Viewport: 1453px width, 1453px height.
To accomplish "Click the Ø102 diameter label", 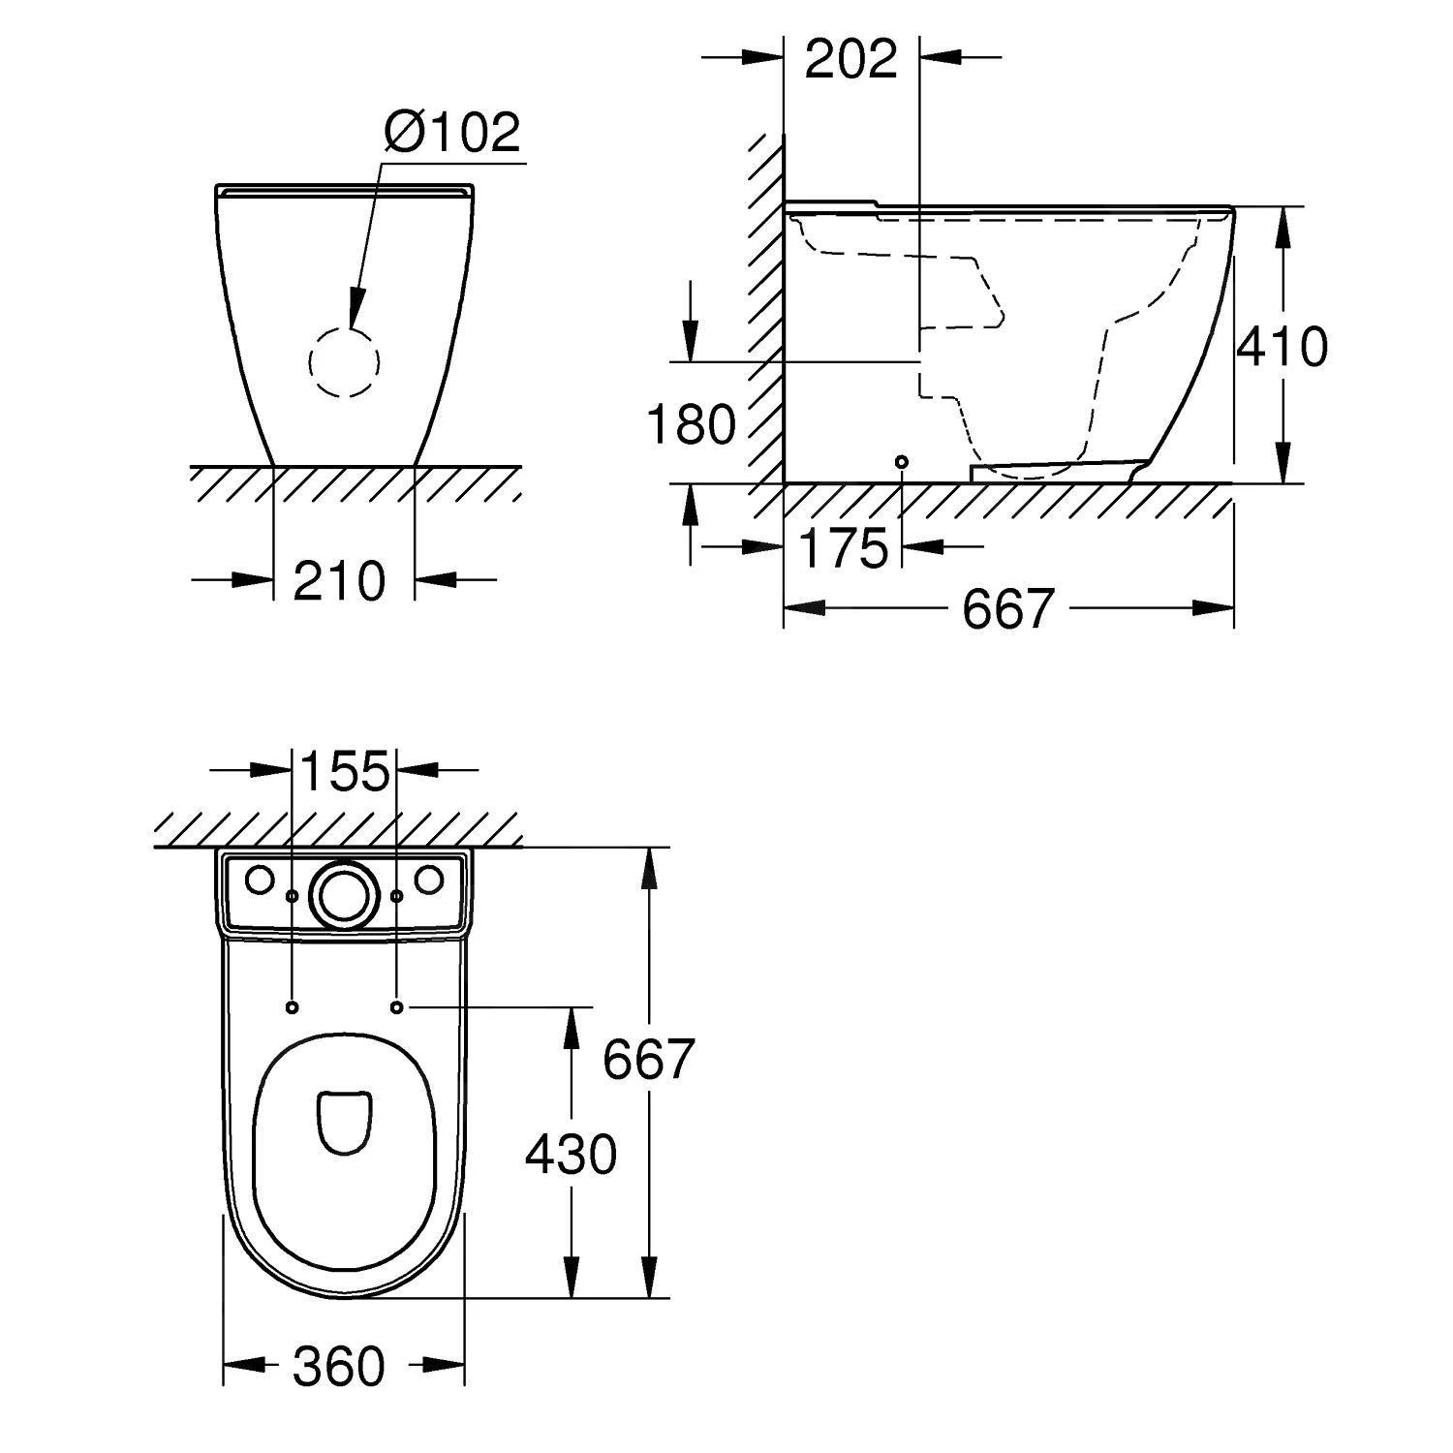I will pyautogui.click(x=451, y=132).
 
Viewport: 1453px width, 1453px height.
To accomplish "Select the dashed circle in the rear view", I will pyautogui.click(x=344, y=361).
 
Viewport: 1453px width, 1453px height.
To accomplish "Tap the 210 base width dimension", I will pyautogui.click(x=339, y=581).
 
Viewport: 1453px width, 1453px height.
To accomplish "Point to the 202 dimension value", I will pyautogui.click(x=851, y=60).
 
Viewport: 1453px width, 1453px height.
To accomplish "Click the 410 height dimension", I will pyautogui.click(x=1282, y=346).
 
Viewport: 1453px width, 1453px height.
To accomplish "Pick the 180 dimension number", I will pyautogui.click(x=691, y=424).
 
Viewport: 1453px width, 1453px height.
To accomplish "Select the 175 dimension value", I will pyautogui.click(x=845, y=548).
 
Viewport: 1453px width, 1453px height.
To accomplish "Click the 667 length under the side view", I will pyautogui.click(x=1007, y=609).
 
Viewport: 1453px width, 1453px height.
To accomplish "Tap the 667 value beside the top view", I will pyautogui.click(x=648, y=1059).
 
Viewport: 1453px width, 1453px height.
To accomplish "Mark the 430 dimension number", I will pyautogui.click(x=571, y=1155).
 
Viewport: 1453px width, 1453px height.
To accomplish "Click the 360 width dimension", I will pyautogui.click(x=339, y=1367).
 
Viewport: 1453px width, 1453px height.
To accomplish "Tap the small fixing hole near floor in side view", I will pyautogui.click(x=902, y=462).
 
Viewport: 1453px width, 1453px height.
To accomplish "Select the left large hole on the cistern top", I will pyautogui.click(x=260, y=880).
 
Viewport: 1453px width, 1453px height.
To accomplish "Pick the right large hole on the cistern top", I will pyautogui.click(x=429, y=880).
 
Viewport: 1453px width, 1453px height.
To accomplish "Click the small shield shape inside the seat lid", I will pyautogui.click(x=344, y=1122).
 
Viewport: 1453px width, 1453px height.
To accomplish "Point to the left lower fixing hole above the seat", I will pyautogui.click(x=293, y=1007).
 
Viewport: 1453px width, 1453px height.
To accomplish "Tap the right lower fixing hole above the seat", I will pyautogui.click(x=396, y=1007).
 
